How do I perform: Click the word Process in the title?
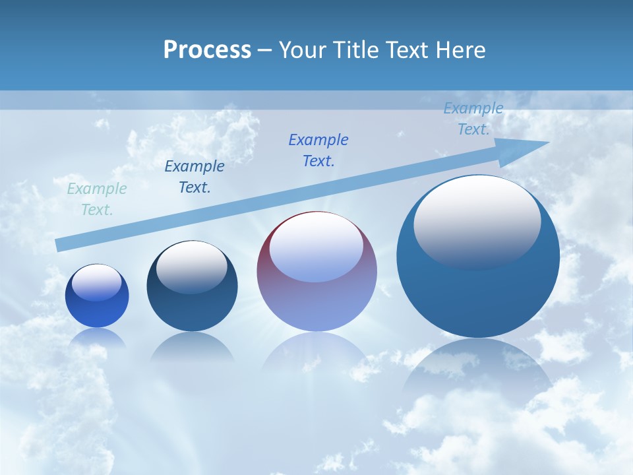pos(207,50)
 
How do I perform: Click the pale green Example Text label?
pos(96,199)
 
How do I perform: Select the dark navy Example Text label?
pos(195,176)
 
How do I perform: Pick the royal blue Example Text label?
pos(318,150)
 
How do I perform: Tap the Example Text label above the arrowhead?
pos(473,118)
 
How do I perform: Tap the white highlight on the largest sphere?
pos(477,221)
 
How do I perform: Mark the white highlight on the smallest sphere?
pos(97,282)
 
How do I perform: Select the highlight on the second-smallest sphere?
pos(192,268)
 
